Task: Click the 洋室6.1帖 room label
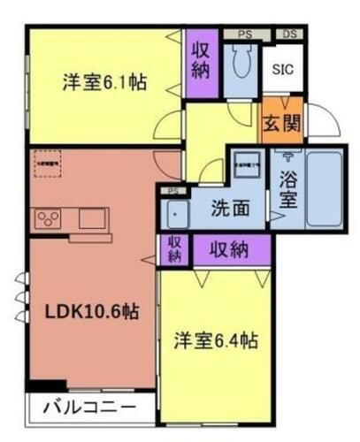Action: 103,83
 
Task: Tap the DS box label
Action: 288,34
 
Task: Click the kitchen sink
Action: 93,217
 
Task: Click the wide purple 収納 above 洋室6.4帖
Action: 228,248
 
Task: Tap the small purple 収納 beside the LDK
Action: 174,248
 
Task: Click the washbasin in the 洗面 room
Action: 178,214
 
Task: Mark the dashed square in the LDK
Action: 49,164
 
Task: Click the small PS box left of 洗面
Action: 174,190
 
